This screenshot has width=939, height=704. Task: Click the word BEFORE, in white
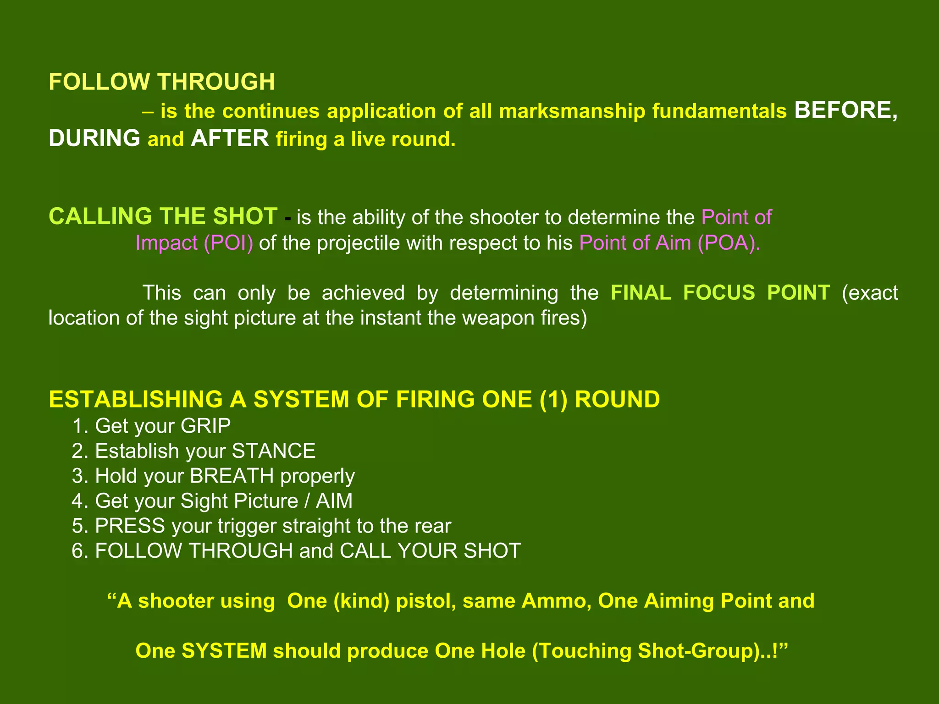pyautogui.click(x=845, y=110)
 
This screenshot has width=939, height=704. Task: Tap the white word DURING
pyautogui.click(x=94, y=138)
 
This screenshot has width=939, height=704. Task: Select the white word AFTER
pyautogui.click(x=230, y=138)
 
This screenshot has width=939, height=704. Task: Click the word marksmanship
pyautogui.click(x=572, y=111)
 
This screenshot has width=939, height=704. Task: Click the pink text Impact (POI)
pyautogui.click(x=194, y=243)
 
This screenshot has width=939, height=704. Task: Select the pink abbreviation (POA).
pyautogui.click(x=729, y=243)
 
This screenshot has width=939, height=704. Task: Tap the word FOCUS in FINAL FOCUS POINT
pyautogui.click(x=718, y=292)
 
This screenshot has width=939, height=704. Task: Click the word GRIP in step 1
pyautogui.click(x=205, y=426)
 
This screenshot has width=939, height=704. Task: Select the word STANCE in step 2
pyautogui.click(x=273, y=451)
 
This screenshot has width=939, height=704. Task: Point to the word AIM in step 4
pyautogui.click(x=334, y=500)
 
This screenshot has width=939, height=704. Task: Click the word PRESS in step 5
pyautogui.click(x=130, y=526)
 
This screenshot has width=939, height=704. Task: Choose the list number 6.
pyautogui.click(x=79, y=550)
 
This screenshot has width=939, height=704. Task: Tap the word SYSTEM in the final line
pyautogui.click(x=224, y=651)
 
